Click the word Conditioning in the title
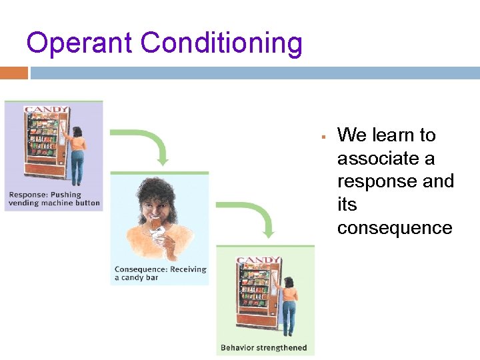click(x=222, y=43)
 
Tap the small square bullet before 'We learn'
click(x=322, y=137)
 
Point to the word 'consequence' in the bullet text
click(x=395, y=228)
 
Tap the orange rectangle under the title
click(x=14, y=73)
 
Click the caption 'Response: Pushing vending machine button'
click(x=54, y=199)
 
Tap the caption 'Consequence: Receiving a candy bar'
click(x=160, y=273)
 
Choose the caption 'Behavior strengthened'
click(x=264, y=347)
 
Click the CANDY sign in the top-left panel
click(x=46, y=109)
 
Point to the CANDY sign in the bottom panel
click(x=258, y=260)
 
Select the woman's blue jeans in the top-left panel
click(x=78, y=167)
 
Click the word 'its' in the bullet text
click(x=347, y=205)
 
